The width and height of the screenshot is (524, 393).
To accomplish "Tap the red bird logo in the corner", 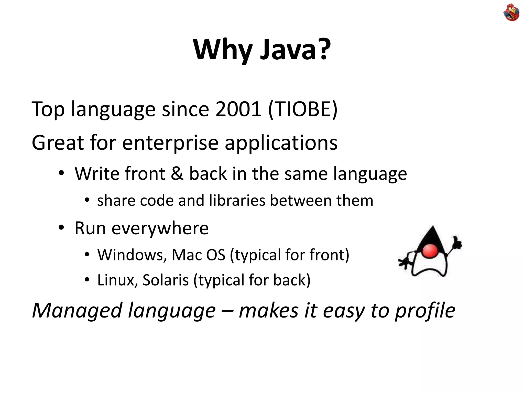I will tap(511, 12).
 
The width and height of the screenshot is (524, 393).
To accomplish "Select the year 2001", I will tap(238, 110).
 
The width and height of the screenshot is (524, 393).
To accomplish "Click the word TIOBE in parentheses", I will tap(303, 110).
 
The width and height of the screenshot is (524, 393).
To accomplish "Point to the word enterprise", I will tap(170, 143).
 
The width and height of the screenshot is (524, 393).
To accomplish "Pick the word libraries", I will tap(237, 200).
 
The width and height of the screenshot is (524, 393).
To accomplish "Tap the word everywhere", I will tap(160, 228).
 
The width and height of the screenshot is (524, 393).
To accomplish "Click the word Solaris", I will tap(166, 280).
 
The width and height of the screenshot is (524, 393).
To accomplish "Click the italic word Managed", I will tap(77, 311).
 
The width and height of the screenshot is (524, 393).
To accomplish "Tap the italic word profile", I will tap(425, 311).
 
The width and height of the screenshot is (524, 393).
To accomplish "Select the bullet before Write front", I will tap(61, 173).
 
